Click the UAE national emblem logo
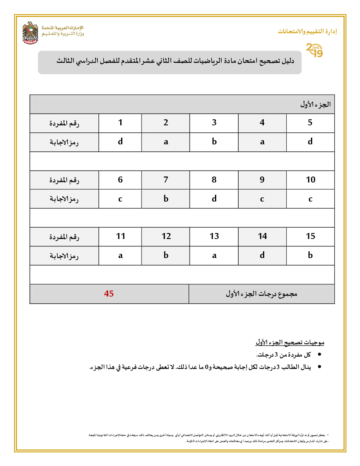[30, 33]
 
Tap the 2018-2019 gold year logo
[314, 50]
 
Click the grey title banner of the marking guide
[170, 62]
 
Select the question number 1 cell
[120, 123]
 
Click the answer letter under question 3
[214, 142]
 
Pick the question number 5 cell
[310, 123]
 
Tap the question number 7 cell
[166, 180]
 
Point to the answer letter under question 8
[214, 199]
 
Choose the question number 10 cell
[310, 180]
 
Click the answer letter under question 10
[310, 199]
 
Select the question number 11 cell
[120, 237]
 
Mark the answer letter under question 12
[166, 256]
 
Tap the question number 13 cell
[214, 237]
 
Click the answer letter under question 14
[262, 256]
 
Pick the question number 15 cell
[310, 237]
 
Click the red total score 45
[109, 294]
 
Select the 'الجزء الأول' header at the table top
[315, 104]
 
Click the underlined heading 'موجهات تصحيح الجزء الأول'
[290, 342]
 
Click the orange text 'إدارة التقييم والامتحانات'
[307, 31]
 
